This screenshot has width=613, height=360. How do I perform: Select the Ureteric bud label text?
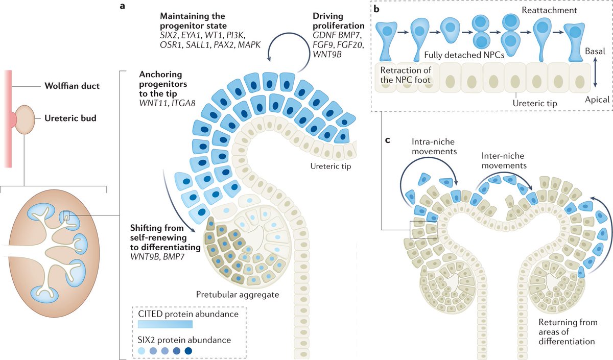(x=69, y=118)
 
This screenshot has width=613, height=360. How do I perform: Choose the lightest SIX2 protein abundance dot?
(x=143, y=351)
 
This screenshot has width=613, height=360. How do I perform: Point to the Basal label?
(x=597, y=52)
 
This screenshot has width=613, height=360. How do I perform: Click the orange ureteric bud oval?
(x=25, y=119)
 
